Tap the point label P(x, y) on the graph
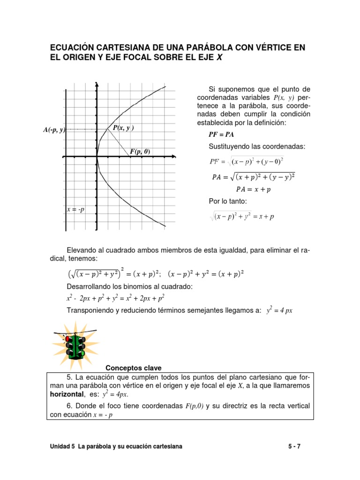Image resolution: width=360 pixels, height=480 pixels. (x=123, y=127)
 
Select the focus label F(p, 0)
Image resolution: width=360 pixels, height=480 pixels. (x=140, y=151)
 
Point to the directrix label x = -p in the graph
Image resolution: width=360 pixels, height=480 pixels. (x=75, y=210)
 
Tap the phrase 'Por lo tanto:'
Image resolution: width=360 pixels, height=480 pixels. (x=227, y=202)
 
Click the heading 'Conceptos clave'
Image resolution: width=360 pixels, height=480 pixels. (x=134, y=367)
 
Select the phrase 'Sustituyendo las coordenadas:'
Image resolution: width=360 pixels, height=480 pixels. (x=257, y=147)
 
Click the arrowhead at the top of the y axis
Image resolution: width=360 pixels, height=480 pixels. (x=97, y=84)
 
